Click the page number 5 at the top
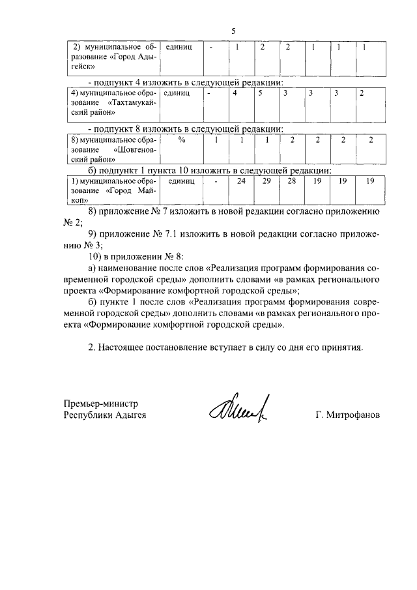pos(233,31)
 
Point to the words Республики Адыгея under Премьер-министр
pos(105,415)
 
